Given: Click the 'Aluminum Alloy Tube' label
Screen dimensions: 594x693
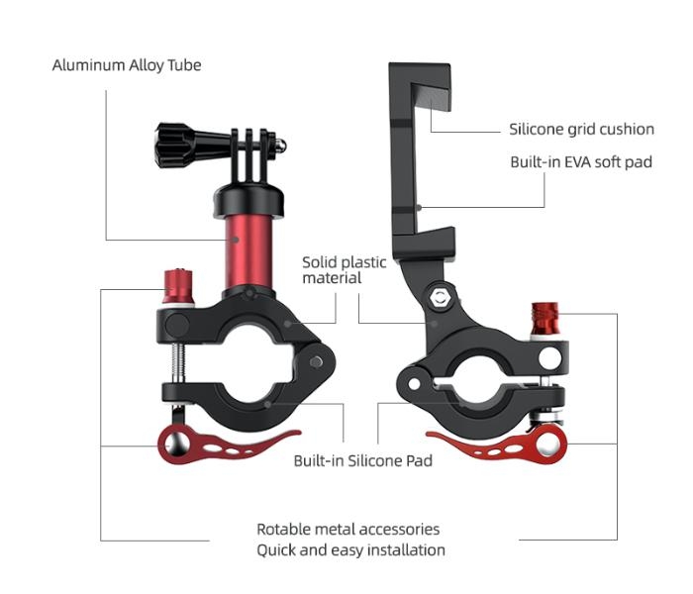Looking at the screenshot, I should (126, 65).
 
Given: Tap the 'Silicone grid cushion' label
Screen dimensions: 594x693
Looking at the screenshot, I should (581, 129).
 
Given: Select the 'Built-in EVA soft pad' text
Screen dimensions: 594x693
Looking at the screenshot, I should (581, 161).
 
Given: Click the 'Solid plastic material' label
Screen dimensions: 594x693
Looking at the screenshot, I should (345, 270).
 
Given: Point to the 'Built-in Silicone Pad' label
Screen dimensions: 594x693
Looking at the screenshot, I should (362, 460).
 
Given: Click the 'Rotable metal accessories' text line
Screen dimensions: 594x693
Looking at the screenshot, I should (348, 530).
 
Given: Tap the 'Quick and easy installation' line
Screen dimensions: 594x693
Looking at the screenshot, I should (350, 549).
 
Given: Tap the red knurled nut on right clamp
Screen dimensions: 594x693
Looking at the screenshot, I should (546, 320).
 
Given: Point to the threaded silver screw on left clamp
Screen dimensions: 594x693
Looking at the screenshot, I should (179, 367).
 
